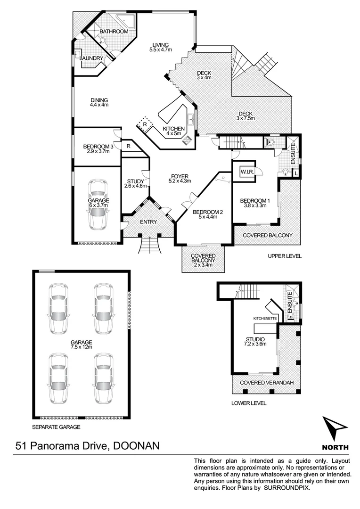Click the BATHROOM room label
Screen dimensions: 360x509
(114, 32)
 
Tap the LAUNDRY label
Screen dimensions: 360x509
(91, 58)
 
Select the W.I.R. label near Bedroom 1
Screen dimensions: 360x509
(248, 172)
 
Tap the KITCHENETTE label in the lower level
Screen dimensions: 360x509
(265, 319)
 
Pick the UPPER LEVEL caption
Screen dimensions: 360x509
(284, 256)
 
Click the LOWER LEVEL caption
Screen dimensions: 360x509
(249, 403)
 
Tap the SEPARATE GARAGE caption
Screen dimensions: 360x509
(56, 427)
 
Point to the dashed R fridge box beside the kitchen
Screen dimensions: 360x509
(145, 125)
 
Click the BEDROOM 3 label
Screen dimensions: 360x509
(98, 147)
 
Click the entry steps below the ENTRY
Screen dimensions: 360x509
(150, 245)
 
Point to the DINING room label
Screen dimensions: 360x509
(99, 100)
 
